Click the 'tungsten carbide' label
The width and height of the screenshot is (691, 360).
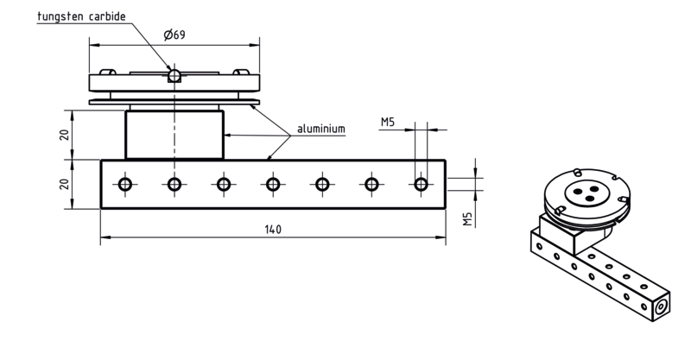click(x=81, y=16)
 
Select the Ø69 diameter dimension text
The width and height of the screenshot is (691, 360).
click(x=174, y=35)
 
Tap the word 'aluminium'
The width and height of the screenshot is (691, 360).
click(x=321, y=129)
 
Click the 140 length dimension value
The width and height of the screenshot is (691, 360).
click(x=273, y=230)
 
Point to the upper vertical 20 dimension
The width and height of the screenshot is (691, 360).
click(x=64, y=135)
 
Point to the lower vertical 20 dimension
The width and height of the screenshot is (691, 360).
click(x=64, y=184)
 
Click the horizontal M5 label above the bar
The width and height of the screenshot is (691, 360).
click(x=388, y=122)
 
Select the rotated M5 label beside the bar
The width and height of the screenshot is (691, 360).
click(x=467, y=219)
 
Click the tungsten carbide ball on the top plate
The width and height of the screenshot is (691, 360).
click(x=174, y=75)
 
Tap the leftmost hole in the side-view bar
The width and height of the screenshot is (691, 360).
click(x=125, y=184)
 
